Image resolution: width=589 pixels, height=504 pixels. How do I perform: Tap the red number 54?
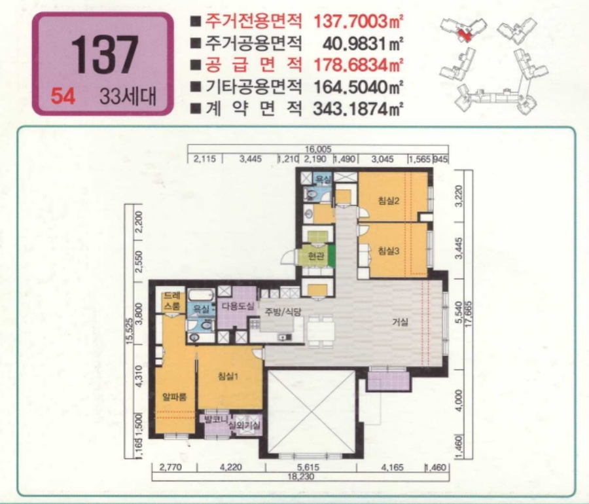63,96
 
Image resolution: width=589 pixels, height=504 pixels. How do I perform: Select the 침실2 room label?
389,200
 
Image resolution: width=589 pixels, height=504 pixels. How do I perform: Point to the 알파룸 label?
175,396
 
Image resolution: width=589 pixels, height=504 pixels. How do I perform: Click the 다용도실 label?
237,306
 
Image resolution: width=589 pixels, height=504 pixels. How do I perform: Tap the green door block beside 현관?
332,255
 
